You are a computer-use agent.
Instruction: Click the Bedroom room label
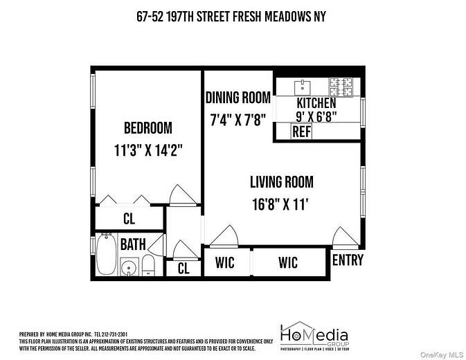click(147, 128)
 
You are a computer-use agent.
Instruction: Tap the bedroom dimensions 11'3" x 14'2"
click(148, 149)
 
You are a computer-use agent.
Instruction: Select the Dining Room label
click(237, 98)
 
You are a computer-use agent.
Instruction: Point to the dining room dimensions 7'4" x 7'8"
click(237, 119)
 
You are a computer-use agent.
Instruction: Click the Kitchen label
click(316, 103)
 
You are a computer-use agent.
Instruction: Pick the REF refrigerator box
click(301, 132)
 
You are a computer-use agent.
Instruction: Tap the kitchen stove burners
click(340, 87)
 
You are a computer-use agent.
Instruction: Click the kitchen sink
click(302, 87)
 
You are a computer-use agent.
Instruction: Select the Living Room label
click(281, 183)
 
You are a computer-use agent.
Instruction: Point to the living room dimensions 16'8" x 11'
click(281, 204)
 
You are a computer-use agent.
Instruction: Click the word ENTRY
click(348, 260)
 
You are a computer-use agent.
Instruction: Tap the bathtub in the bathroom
click(106, 254)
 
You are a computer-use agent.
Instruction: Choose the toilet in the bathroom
click(148, 265)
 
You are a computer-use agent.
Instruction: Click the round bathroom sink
click(128, 268)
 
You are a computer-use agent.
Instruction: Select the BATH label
click(132, 244)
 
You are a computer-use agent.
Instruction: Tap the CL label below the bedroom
click(129, 219)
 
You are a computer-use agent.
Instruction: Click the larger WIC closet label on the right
click(288, 262)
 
